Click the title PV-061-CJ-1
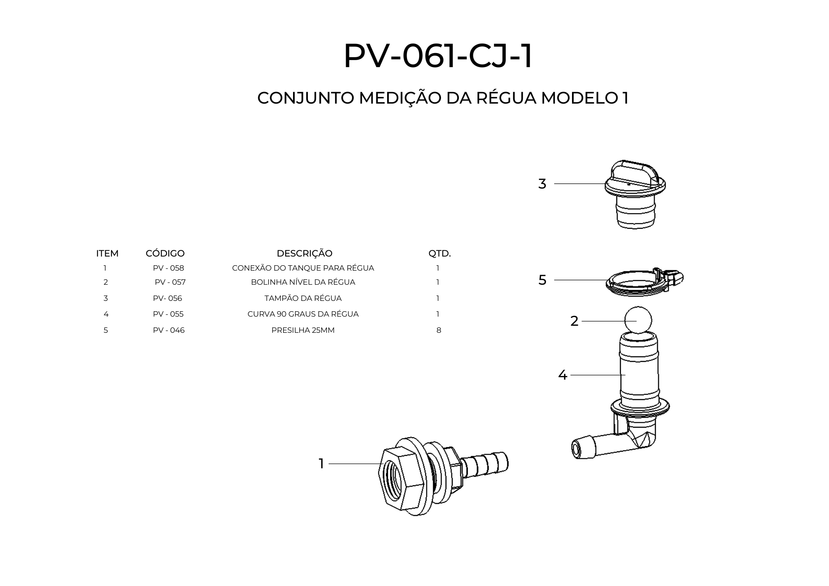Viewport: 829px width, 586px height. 438,56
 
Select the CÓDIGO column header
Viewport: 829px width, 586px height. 165,253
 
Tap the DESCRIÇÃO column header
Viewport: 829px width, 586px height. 304,253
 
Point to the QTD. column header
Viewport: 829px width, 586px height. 439,253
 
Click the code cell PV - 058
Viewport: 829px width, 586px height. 168,268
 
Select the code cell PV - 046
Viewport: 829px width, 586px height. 169,330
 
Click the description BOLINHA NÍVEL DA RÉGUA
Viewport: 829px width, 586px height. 303,282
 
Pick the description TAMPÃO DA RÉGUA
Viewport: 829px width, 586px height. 303,298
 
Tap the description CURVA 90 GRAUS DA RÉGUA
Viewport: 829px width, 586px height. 303,314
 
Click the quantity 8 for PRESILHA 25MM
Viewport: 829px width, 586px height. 439,330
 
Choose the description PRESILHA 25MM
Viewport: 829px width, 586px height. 303,330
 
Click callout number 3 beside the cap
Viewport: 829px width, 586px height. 542,184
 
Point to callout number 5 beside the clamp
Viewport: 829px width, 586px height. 542,280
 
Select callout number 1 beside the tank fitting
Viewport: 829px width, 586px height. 321,464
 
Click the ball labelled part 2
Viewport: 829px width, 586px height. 638,320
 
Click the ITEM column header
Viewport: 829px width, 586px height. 107,253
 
